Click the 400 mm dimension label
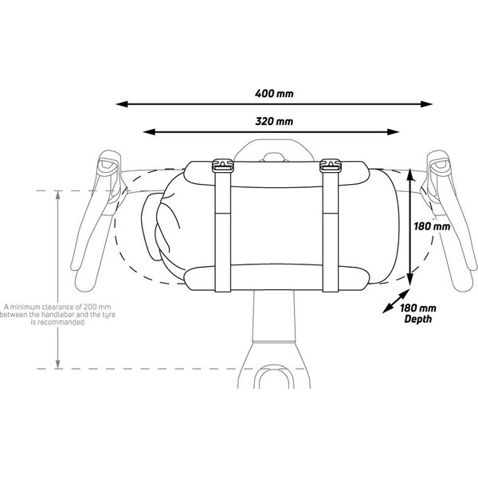pos(275,92)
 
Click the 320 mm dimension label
pos(275,121)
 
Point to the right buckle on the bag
pos(329,167)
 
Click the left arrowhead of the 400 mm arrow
pos(122,104)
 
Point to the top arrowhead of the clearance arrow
pos(57,196)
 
